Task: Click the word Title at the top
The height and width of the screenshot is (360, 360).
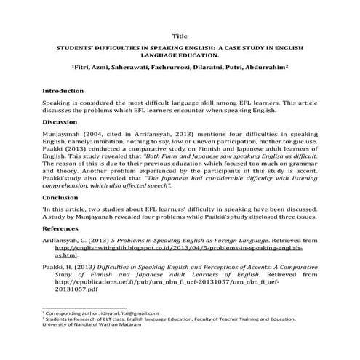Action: pyautogui.click(x=180, y=35)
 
